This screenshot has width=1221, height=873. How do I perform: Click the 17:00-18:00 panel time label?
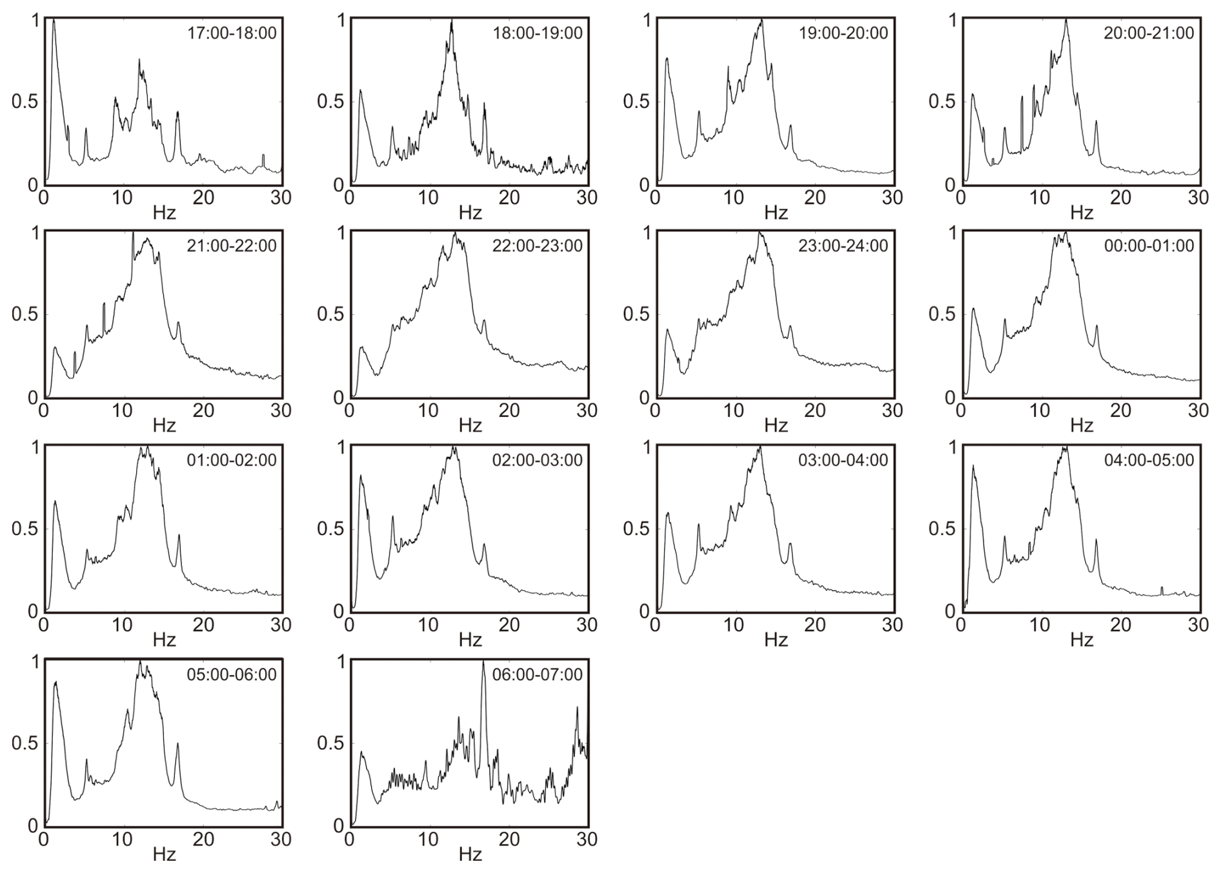point(232,32)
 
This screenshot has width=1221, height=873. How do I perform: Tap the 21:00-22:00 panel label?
point(232,246)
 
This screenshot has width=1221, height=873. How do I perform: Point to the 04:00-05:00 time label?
point(1149,460)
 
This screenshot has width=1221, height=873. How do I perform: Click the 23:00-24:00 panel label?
point(843,246)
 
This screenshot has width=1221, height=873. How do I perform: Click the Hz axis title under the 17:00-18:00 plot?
point(164,212)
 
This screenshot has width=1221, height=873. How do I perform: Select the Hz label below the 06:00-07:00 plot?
point(470,854)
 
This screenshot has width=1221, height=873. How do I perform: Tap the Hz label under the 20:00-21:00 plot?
point(1082,212)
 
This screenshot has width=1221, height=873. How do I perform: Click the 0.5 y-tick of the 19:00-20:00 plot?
point(636,102)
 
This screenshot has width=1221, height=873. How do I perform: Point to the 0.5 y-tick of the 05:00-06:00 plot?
point(25,743)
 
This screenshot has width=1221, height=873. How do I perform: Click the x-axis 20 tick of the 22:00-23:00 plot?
point(509,410)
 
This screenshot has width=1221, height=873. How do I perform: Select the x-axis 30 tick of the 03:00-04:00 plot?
point(893,625)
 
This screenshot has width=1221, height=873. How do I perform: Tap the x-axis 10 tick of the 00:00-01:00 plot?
point(1040,410)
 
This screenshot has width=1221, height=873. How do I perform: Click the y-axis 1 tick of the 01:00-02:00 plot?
point(35,447)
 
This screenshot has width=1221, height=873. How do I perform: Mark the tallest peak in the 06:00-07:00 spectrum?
point(483,662)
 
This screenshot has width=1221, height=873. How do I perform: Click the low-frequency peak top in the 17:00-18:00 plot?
point(54,20)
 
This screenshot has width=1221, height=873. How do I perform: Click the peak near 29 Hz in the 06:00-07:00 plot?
point(577,708)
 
